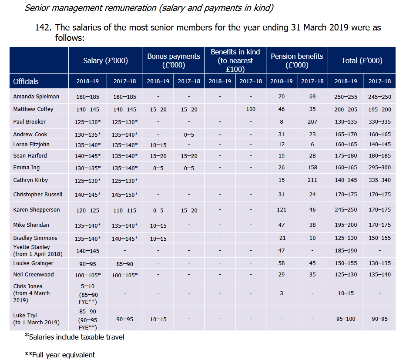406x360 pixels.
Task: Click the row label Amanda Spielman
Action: click(36, 97)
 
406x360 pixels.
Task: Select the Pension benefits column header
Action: click(297, 61)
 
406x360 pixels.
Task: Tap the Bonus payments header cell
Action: click(174, 61)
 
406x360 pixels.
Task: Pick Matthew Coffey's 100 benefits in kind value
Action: click(251, 109)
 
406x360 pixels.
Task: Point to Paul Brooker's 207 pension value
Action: click(312, 122)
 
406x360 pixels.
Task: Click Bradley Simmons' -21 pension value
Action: click(282, 238)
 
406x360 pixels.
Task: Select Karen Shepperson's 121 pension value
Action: click(282, 209)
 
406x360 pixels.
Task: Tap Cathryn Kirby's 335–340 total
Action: click(379, 180)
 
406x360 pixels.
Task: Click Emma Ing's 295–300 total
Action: click(379, 168)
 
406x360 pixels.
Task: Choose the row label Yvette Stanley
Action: click(32, 247)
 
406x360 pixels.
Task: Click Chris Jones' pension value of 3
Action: click(282, 293)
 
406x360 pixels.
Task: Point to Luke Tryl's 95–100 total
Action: click(346, 319)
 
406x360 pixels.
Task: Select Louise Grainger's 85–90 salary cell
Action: click(124, 264)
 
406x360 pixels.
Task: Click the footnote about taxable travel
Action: click(74, 336)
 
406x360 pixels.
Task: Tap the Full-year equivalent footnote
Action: click(60, 355)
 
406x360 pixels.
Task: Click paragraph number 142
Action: click(43, 27)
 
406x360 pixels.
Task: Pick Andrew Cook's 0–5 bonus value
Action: click(189, 135)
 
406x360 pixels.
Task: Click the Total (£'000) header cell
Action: click(362, 61)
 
